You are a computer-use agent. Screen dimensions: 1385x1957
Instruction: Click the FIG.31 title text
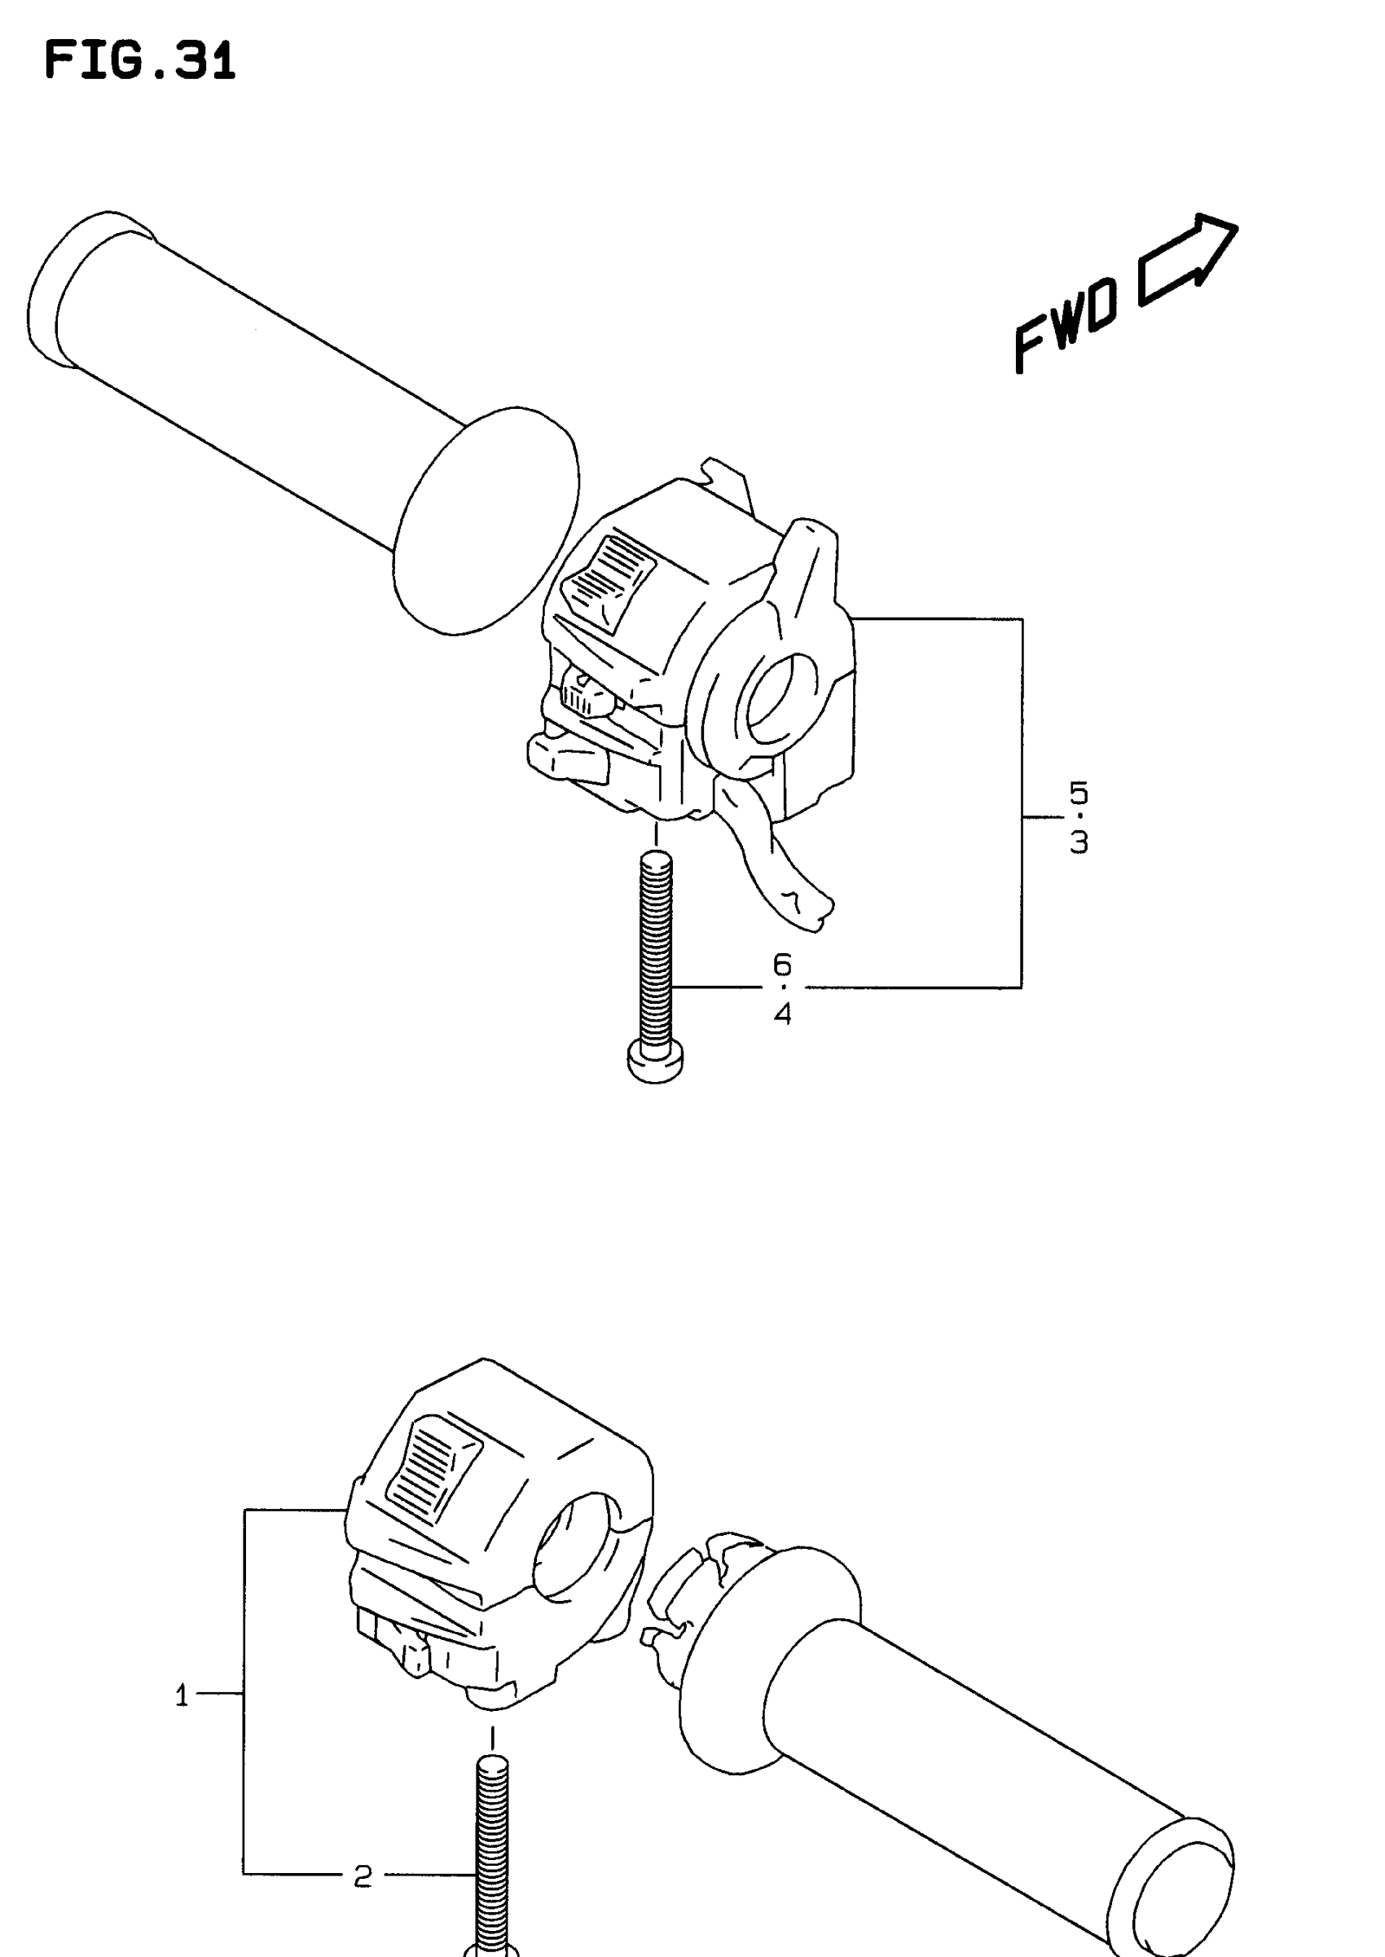(139, 62)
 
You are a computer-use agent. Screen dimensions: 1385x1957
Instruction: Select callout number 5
(1079, 793)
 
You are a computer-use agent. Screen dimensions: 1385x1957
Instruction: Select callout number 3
(1079, 842)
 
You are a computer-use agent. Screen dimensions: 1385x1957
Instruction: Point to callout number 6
(782, 965)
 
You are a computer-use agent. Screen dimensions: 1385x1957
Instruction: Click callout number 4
(782, 1014)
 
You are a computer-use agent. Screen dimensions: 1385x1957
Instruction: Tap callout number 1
(182, 1697)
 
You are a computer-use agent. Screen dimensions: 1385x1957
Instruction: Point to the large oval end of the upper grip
(486, 520)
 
